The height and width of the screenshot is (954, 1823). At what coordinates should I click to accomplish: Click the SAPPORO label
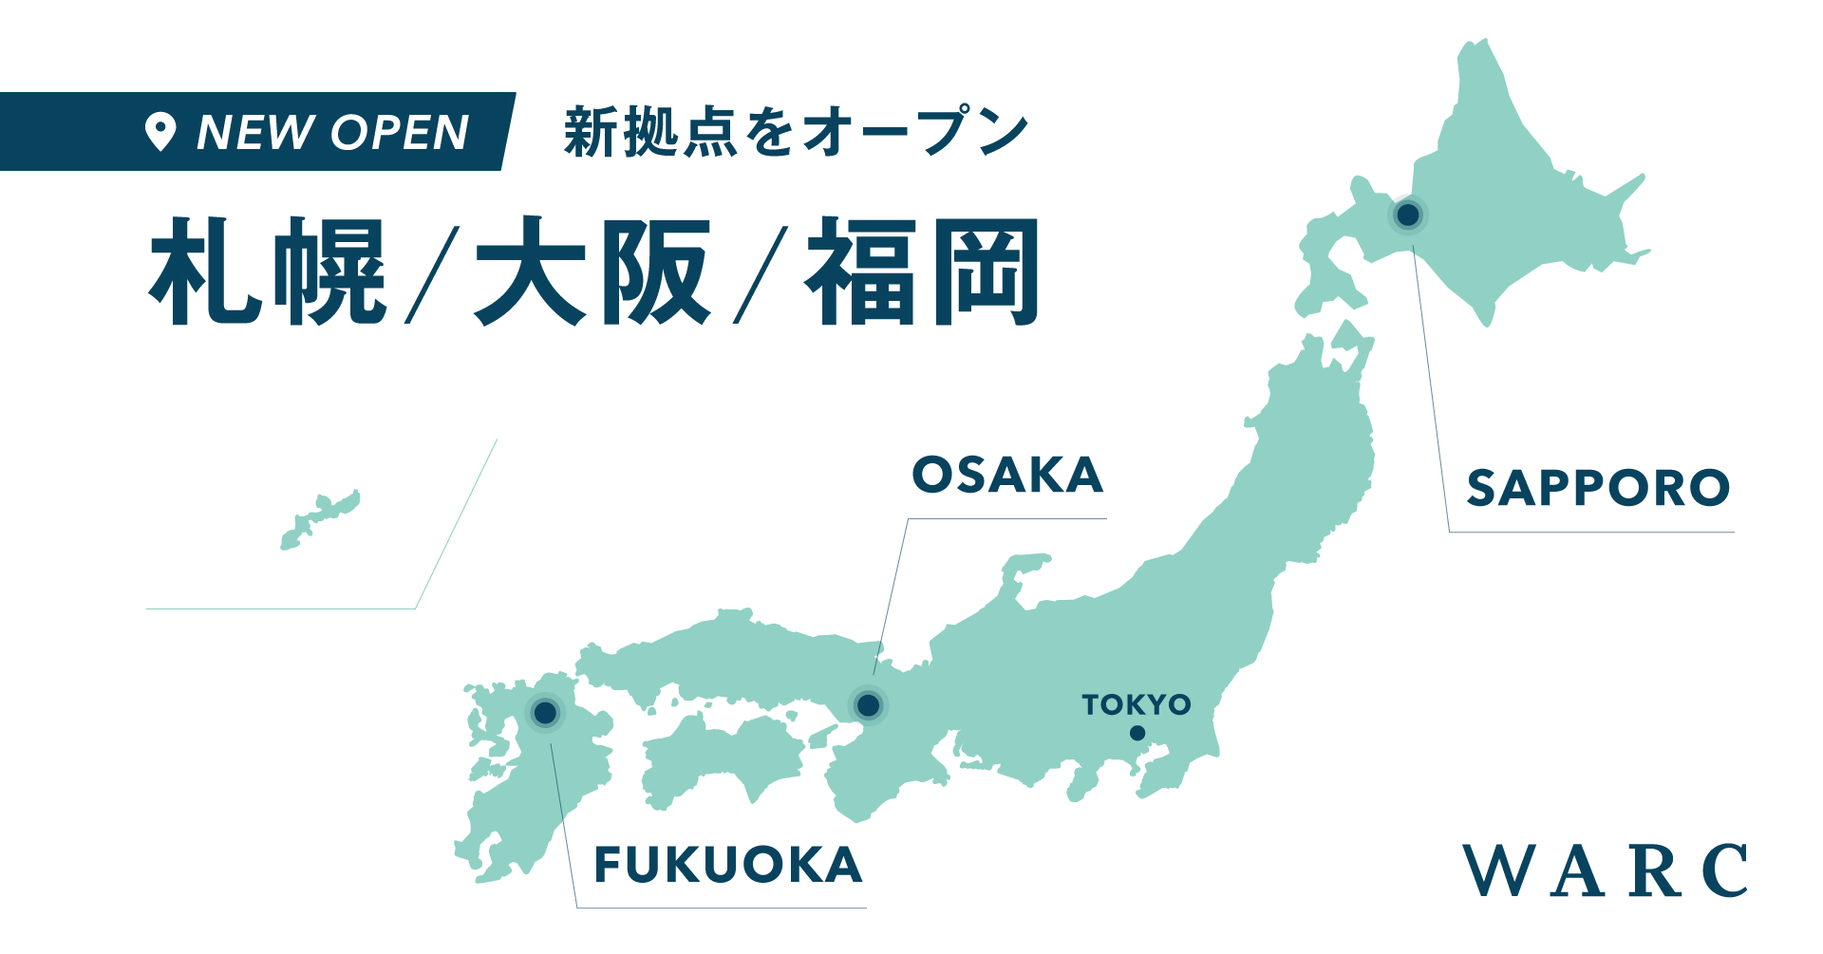point(1598,489)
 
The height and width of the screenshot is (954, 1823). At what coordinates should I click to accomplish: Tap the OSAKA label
point(1007,475)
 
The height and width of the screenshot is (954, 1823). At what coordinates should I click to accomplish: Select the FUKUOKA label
point(728,865)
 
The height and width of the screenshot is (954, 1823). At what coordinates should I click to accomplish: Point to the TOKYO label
point(1137,704)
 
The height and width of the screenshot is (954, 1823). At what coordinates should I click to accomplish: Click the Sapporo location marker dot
point(1408,215)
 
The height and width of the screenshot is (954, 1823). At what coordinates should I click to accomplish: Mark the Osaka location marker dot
point(868,705)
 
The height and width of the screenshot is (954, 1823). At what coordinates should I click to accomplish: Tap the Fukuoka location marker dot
point(545,712)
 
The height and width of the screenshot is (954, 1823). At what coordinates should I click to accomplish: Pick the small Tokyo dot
point(1137,733)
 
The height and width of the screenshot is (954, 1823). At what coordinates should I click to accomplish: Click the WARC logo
point(1605,870)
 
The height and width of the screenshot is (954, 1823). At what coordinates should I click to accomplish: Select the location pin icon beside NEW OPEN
point(160,132)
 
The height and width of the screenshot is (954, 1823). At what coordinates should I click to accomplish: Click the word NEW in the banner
point(254,132)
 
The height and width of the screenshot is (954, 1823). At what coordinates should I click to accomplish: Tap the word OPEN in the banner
point(400,132)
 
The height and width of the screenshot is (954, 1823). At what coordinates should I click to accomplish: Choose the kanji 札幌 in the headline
point(268,271)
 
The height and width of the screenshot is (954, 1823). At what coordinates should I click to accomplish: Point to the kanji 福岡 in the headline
point(923,271)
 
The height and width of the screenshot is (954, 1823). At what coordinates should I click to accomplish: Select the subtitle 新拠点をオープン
point(796,132)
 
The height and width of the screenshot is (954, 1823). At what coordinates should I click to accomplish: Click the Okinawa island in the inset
point(320,520)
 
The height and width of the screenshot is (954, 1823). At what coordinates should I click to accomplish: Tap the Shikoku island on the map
point(722,759)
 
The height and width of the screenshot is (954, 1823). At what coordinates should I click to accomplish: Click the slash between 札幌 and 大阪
point(432,275)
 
